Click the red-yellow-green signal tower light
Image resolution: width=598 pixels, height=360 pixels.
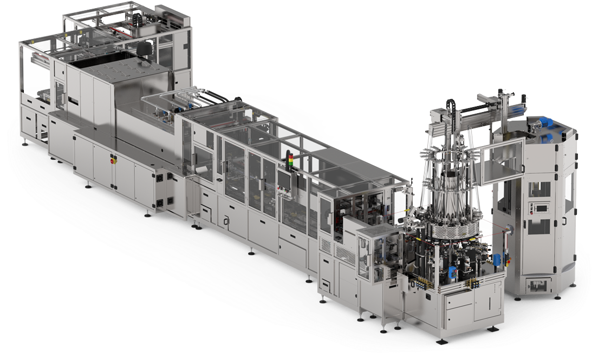coord(289,160)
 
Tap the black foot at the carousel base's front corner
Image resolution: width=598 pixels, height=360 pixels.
coord(442,341)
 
